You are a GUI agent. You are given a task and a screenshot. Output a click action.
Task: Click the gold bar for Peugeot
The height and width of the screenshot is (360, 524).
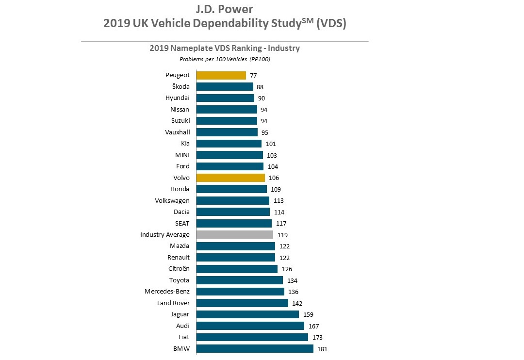[x=221, y=75]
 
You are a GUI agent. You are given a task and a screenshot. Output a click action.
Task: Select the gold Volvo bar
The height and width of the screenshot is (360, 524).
[x=230, y=178]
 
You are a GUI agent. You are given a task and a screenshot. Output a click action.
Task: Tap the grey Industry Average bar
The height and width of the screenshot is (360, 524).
[x=234, y=235]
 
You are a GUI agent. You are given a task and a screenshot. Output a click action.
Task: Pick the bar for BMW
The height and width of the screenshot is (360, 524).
[x=255, y=348]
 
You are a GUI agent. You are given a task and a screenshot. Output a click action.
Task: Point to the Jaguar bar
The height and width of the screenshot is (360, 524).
[x=247, y=314]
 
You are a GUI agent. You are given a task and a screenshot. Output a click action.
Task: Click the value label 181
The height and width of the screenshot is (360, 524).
[x=323, y=349]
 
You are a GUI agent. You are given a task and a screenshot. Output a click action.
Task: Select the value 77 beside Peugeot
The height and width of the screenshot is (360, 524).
[x=253, y=76]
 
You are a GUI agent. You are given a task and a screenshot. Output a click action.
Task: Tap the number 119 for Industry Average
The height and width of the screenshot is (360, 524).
[x=282, y=235]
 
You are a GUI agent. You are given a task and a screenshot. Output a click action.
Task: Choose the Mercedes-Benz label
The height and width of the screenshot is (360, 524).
[x=167, y=292]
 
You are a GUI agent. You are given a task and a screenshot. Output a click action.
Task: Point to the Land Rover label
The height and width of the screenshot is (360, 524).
[x=173, y=303]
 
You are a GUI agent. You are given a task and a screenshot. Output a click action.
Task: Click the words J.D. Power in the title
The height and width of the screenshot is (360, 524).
[x=225, y=9]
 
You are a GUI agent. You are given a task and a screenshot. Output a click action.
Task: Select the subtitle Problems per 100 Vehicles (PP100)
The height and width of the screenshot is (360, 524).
[x=225, y=59]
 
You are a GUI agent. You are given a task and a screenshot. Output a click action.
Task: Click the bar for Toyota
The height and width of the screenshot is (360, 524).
[x=239, y=280]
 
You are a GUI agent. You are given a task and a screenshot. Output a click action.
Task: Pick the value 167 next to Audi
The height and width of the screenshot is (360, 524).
[x=313, y=326]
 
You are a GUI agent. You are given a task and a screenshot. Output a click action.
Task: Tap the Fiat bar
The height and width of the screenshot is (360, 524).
[x=252, y=337]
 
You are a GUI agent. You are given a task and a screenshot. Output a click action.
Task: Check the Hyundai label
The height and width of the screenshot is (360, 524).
[x=178, y=98]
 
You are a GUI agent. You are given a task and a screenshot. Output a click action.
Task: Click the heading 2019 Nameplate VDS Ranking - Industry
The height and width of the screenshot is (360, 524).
[x=225, y=49]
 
